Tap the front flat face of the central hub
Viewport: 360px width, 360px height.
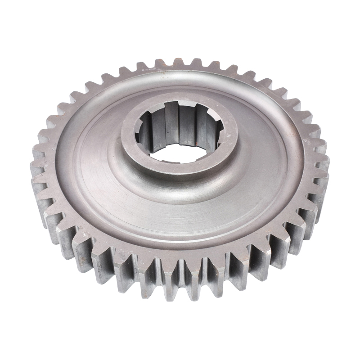[180, 169]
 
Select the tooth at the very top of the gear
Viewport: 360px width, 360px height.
[178, 63]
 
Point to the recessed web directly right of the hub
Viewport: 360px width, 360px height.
[265, 148]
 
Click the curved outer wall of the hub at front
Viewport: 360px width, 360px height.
[180, 182]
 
